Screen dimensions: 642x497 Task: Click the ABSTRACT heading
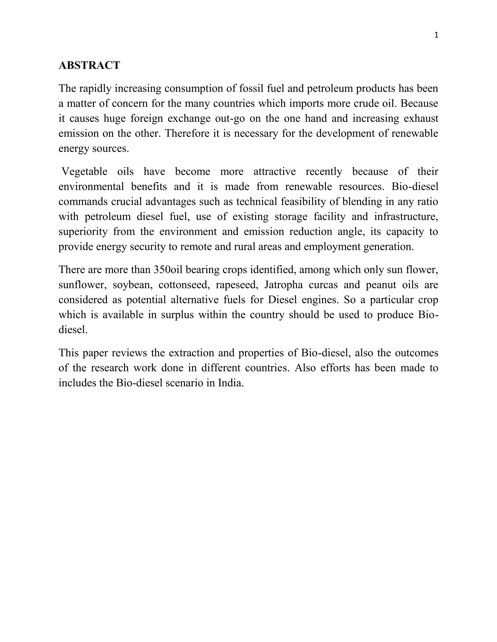[89, 65]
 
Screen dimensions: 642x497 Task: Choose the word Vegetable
[84, 171]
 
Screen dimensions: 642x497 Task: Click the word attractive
[274, 171]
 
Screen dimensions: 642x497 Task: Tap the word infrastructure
[406, 216]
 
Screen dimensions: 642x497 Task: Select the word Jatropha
[282, 285]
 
